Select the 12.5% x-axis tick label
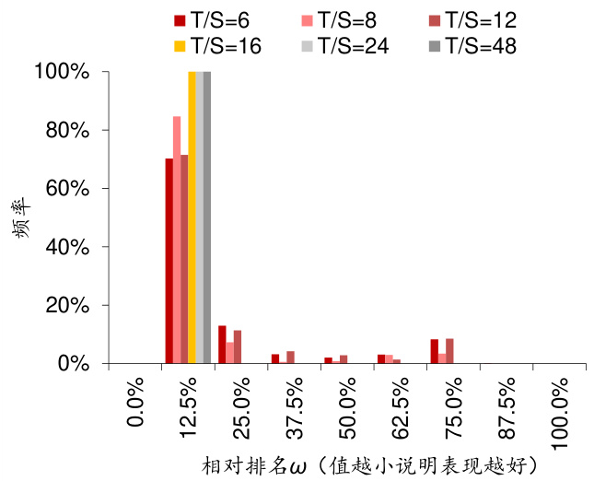(x=188, y=412)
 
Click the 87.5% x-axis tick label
(x=507, y=412)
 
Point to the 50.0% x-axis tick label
(x=348, y=412)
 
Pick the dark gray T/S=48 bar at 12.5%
(x=207, y=217)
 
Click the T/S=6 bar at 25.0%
(x=222, y=345)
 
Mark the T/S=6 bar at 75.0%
(x=435, y=351)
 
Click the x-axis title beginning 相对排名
(x=368, y=463)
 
